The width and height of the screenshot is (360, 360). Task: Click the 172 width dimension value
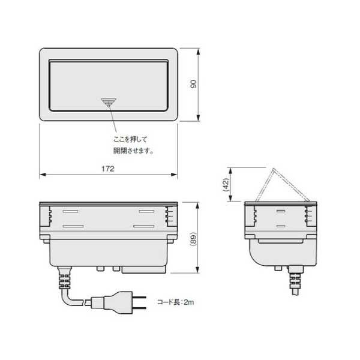pyautogui.click(x=108, y=169)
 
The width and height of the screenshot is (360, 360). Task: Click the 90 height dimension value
pyautogui.click(x=194, y=84)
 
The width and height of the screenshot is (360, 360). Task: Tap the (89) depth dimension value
pyautogui.click(x=194, y=239)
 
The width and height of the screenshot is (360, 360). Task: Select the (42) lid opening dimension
pyautogui.click(x=226, y=185)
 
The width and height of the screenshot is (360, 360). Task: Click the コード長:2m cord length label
pyautogui.click(x=176, y=302)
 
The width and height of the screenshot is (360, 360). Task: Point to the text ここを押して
pyautogui.click(x=130, y=139)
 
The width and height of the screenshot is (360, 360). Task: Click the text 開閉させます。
pyautogui.click(x=133, y=151)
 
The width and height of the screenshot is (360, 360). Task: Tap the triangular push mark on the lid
pyautogui.click(x=109, y=102)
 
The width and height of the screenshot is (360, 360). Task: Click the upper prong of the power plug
pyautogui.click(x=139, y=297)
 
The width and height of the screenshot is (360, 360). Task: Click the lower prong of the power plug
pyautogui.click(x=139, y=308)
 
